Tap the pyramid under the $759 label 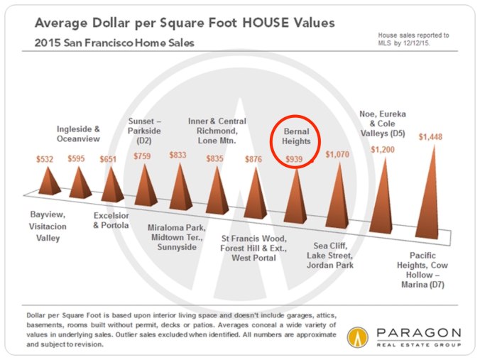(x=146, y=187)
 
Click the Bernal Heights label (x=295, y=137)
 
